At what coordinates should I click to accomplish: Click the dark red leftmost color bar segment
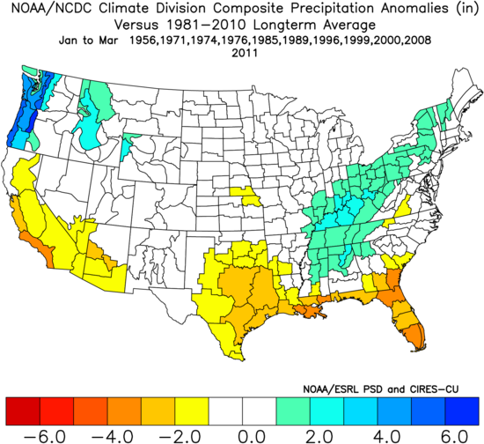click(20, 410)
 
